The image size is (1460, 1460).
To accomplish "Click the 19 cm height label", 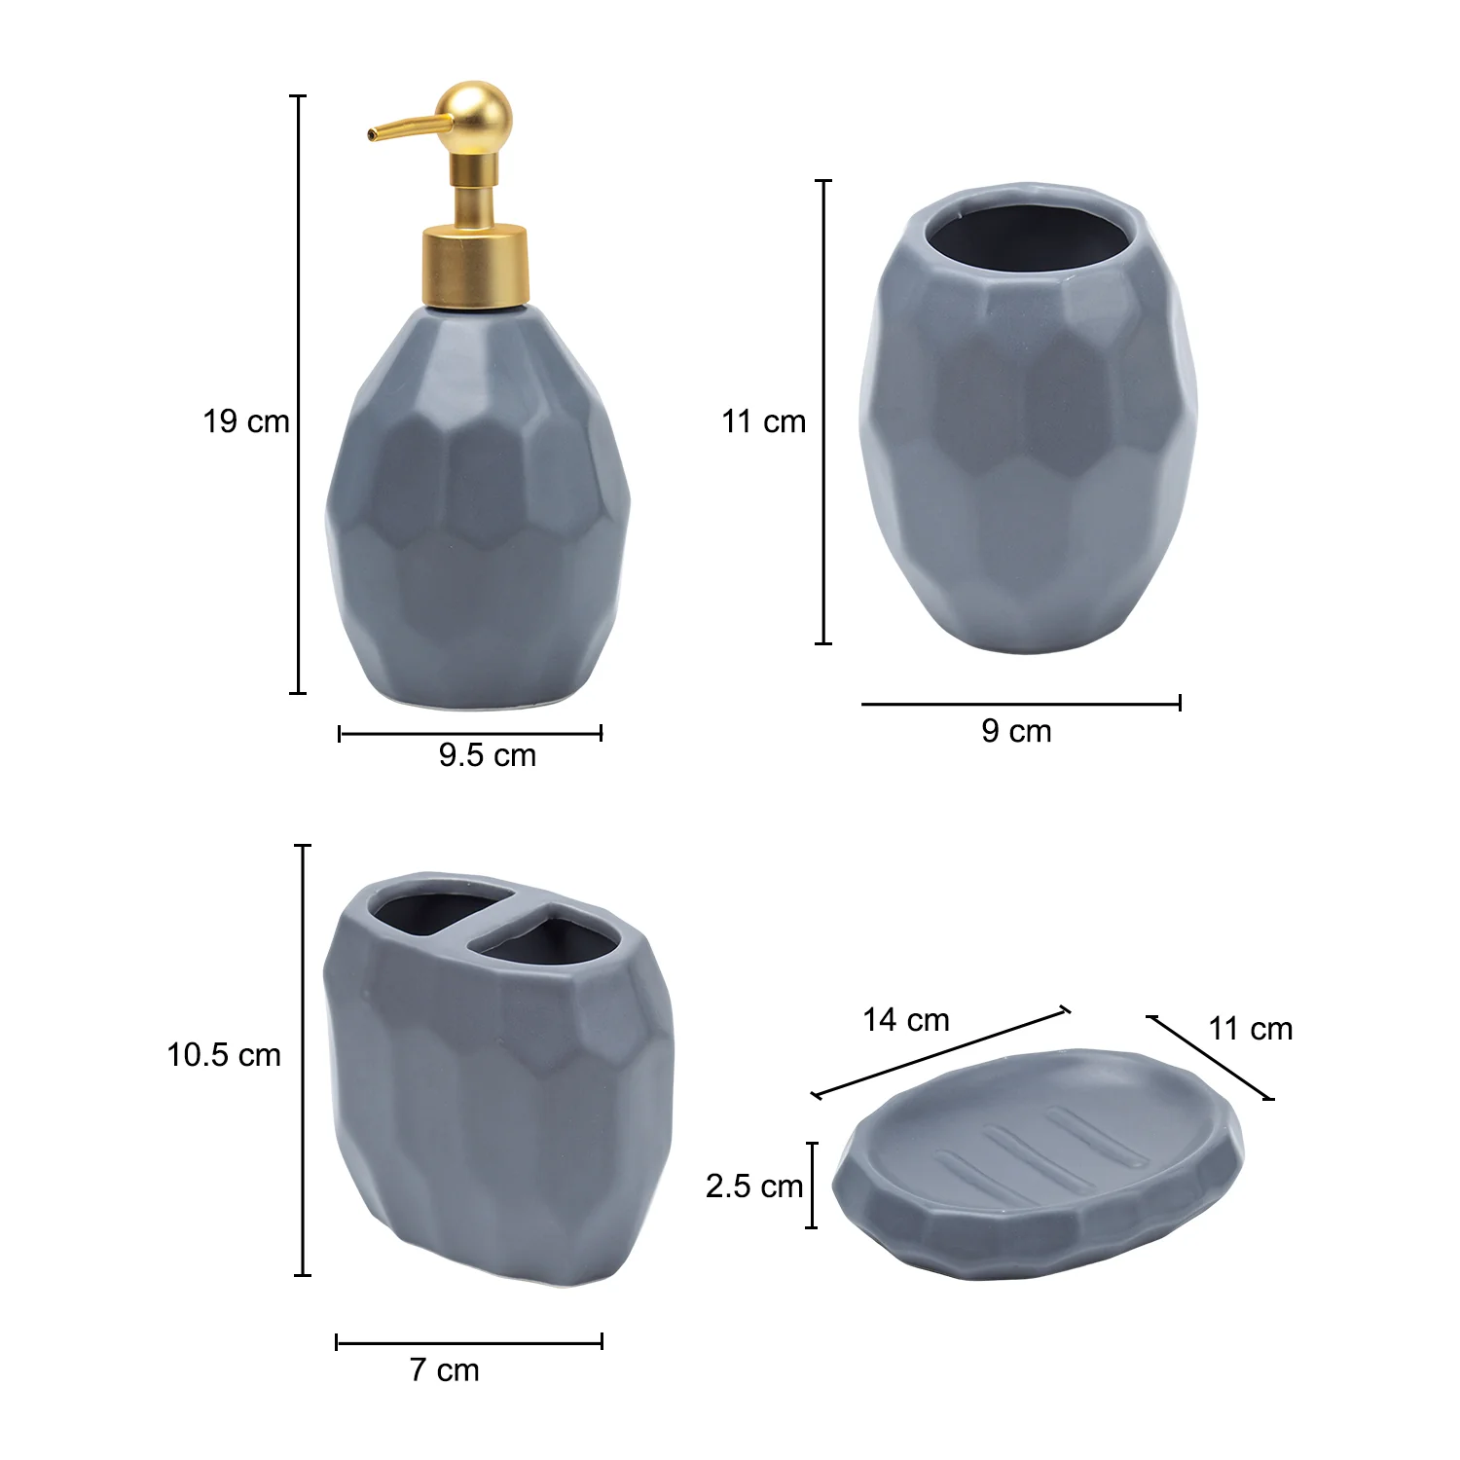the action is click(x=246, y=421).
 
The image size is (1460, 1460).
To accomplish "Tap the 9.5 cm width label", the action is click(x=487, y=755).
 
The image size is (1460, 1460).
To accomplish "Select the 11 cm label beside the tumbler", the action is click(x=764, y=421).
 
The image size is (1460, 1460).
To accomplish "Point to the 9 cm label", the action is click(x=1016, y=731).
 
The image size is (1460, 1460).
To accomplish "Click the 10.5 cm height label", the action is click(x=224, y=1055).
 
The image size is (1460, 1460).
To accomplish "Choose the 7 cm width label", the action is click(x=445, y=1370).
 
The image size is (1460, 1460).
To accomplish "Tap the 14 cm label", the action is click(x=906, y=1020).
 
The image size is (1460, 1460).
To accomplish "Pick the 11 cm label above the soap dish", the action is click(x=1251, y=1029).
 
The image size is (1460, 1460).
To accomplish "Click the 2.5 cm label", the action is click(x=754, y=1186).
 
